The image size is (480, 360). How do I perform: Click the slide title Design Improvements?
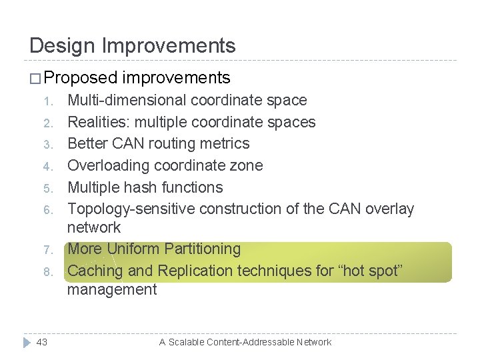tap(133, 45)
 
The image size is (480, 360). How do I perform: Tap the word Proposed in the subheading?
tap(81, 78)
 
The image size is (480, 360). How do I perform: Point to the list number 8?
tap(47, 272)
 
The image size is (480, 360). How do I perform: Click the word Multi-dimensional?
tap(127, 101)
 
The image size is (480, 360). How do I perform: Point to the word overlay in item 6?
tap(391, 209)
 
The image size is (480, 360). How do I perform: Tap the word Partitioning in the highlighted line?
tap(198, 249)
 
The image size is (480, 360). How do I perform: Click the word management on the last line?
tap(112, 289)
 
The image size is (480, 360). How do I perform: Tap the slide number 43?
tap(42, 342)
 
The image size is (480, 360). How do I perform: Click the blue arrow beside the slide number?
tap(25, 342)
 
